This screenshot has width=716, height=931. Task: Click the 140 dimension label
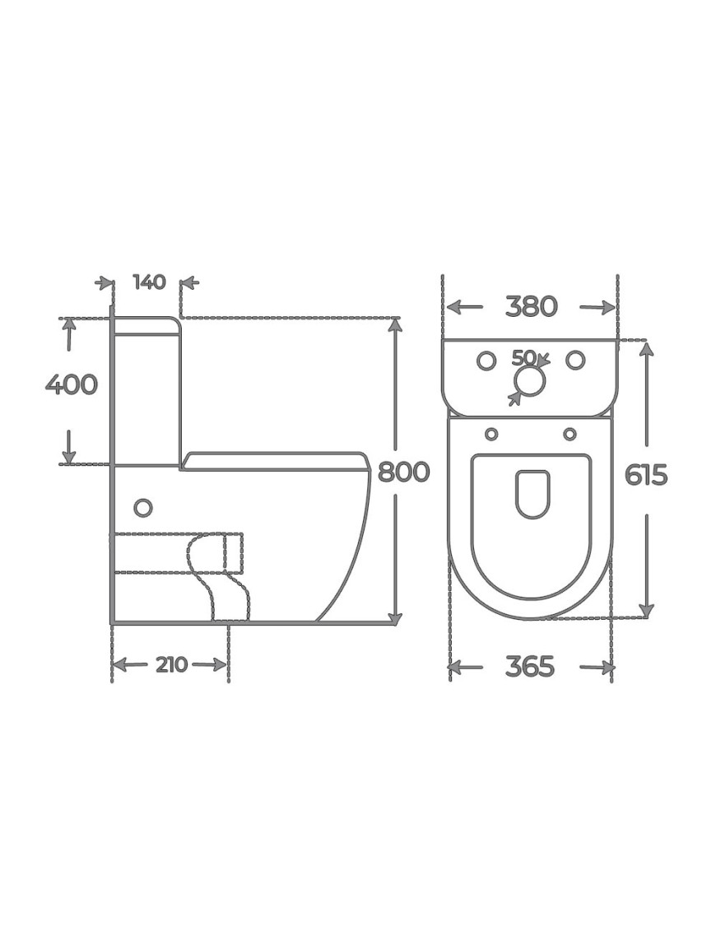click(149, 282)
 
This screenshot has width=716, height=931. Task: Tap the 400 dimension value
click(72, 384)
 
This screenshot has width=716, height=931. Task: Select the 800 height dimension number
click(403, 472)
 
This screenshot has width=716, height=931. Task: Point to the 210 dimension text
click(171, 664)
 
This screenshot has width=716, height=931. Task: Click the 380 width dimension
click(532, 306)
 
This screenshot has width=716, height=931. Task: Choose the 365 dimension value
click(530, 667)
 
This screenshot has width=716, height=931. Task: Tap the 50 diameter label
click(523, 357)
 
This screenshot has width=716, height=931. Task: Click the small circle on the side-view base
click(143, 508)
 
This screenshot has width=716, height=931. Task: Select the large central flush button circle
click(529, 380)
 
